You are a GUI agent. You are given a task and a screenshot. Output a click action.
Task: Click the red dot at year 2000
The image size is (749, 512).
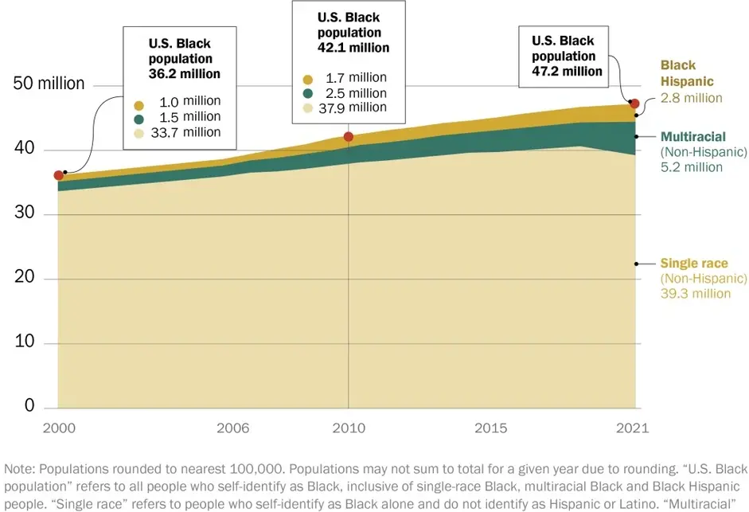tap(59, 176)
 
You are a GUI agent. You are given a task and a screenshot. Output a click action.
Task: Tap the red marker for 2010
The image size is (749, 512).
tap(349, 137)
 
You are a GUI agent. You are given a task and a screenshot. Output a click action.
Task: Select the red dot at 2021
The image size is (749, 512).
tap(634, 104)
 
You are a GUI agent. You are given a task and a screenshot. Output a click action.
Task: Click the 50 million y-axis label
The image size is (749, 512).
tap(49, 84)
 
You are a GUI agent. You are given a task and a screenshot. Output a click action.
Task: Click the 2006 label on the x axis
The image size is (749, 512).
tap(232, 428)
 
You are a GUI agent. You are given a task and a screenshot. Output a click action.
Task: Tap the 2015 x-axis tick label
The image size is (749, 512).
tap(490, 428)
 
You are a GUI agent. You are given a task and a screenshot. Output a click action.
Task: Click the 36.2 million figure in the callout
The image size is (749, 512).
tap(185, 73)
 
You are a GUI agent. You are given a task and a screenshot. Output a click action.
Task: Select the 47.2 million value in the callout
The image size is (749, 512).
tap(567, 71)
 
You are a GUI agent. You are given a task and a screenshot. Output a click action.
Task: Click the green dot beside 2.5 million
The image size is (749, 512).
tap(307, 93)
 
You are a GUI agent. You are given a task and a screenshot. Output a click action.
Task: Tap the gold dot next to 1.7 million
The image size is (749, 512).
tap(307, 78)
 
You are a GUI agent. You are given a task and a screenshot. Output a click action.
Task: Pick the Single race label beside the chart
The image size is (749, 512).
tap(693, 264)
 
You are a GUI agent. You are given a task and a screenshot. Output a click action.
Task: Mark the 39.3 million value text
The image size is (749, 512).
tap(695, 293)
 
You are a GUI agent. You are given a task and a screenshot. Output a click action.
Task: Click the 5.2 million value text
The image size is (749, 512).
tap(691, 167)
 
